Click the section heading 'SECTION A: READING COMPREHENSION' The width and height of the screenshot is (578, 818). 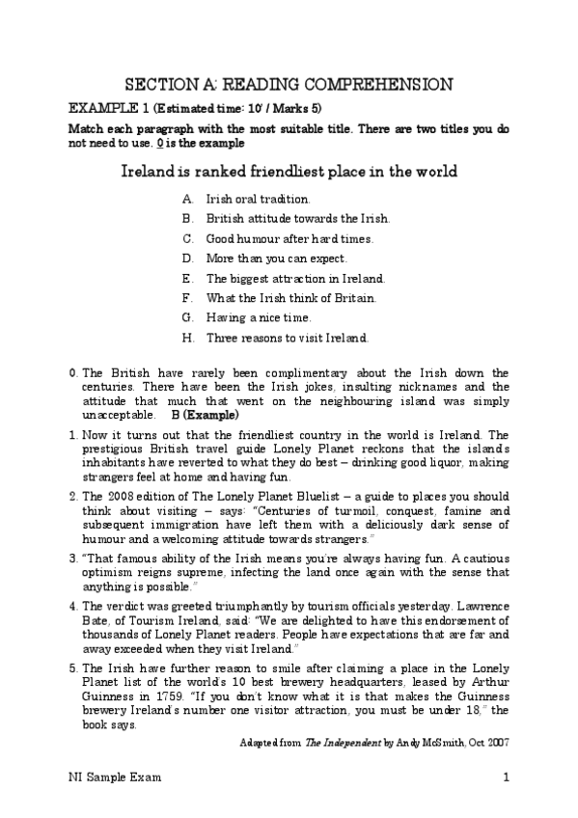(289, 84)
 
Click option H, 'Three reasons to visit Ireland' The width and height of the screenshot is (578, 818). (288, 338)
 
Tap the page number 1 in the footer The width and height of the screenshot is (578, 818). (506, 777)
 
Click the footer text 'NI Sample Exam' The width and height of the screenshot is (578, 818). (108, 777)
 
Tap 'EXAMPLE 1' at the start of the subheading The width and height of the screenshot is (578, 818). (97, 107)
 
